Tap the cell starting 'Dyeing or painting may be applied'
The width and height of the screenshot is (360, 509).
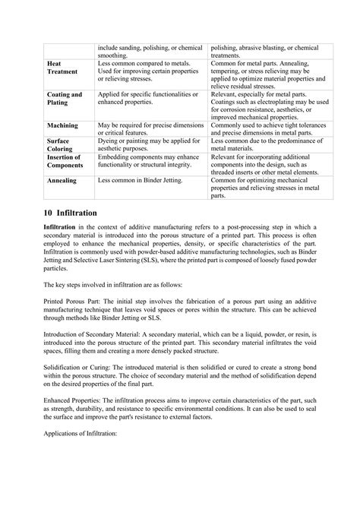coord(148,144)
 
